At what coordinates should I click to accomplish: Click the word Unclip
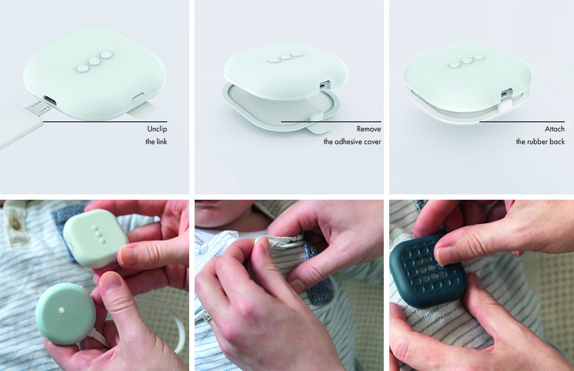click(x=157, y=129)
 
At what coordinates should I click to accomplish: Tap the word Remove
click(x=368, y=129)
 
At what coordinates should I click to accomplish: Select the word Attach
click(x=555, y=129)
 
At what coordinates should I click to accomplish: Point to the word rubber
click(x=540, y=142)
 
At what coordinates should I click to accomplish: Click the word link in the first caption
click(x=161, y=142)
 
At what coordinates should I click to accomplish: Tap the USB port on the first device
click(x=49, y=100)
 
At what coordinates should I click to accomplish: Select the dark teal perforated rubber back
click(x=427, y=270)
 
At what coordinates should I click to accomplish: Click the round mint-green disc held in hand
click(x=66, y=314)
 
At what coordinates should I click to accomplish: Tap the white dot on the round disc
click(x=61, y=310)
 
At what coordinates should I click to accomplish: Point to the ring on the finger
click(x=208, y=317)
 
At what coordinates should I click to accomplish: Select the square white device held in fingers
click(x=96, y=237)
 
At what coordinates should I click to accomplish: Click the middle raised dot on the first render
click(x=94, y=62)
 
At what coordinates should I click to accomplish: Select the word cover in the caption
click(x=373, y=142)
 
